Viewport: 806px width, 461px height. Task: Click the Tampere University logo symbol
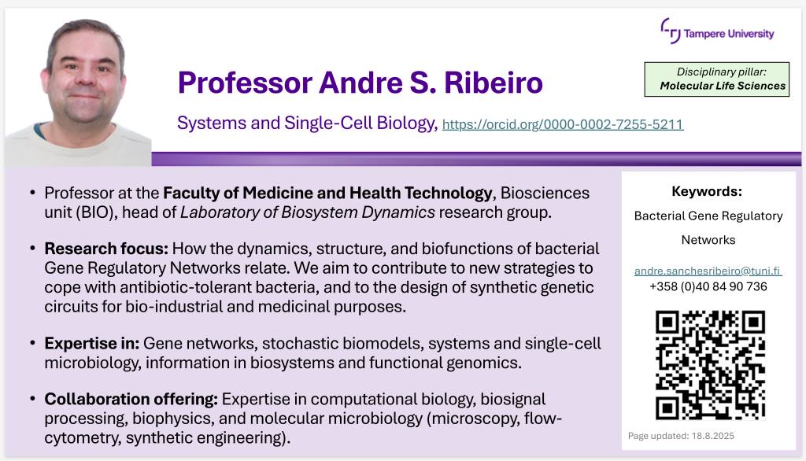[671, 31]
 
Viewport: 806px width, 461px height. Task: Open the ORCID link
[563, 124]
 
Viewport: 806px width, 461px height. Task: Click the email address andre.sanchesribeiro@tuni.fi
[708, 271]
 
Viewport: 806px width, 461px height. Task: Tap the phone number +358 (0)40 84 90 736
[708, 287]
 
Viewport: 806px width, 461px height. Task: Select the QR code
[711, 365]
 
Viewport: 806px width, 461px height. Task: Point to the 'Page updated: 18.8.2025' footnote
[681, 436]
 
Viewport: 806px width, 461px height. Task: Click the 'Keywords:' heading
[707, 192]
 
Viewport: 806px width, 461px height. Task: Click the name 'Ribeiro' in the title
[494, 83]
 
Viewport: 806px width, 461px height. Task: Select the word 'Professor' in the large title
[246, 83]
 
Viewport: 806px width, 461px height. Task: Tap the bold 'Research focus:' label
[106, 249]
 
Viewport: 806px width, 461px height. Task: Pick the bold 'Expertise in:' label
[91, 343]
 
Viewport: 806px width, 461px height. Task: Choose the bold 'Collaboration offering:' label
[131, 400]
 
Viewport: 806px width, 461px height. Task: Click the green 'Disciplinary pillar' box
[716, 79]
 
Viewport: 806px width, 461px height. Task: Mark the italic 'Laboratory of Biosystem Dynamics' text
[308, 212]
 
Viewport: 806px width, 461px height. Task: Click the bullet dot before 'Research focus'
[33, 249]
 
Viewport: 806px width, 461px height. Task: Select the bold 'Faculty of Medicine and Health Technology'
[328, 194]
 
